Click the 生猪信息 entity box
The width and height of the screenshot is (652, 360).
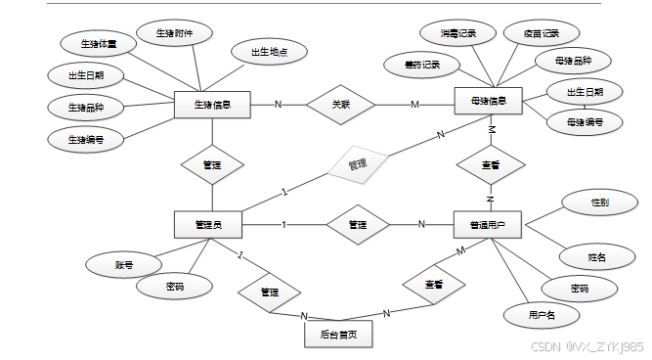tap(212, 104)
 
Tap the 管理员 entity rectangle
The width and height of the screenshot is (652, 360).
tap(208, 225)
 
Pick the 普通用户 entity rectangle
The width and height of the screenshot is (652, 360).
tap(488, 225)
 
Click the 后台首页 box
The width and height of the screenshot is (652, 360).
tap(337, 334)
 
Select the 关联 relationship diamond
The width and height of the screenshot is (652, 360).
tap(340, 104)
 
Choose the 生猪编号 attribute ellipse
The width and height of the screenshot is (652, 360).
tap(85, 139)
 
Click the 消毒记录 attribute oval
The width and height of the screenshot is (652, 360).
tap(458, 33)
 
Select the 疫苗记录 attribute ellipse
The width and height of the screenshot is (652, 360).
tap(535, 33)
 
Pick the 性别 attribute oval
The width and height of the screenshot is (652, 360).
tap(600, 203)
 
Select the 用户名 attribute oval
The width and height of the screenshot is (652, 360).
tap(541, 315)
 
